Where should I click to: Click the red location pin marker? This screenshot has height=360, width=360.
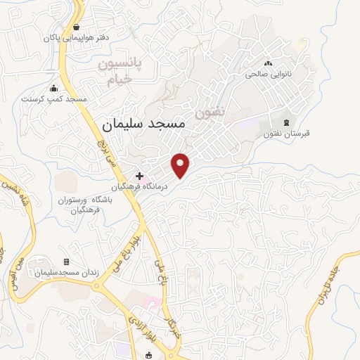181,165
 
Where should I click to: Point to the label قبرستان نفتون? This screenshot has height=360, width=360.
283,134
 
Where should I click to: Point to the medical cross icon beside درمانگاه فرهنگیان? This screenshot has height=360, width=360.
140,175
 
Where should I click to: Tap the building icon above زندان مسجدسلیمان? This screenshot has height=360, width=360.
67,262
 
